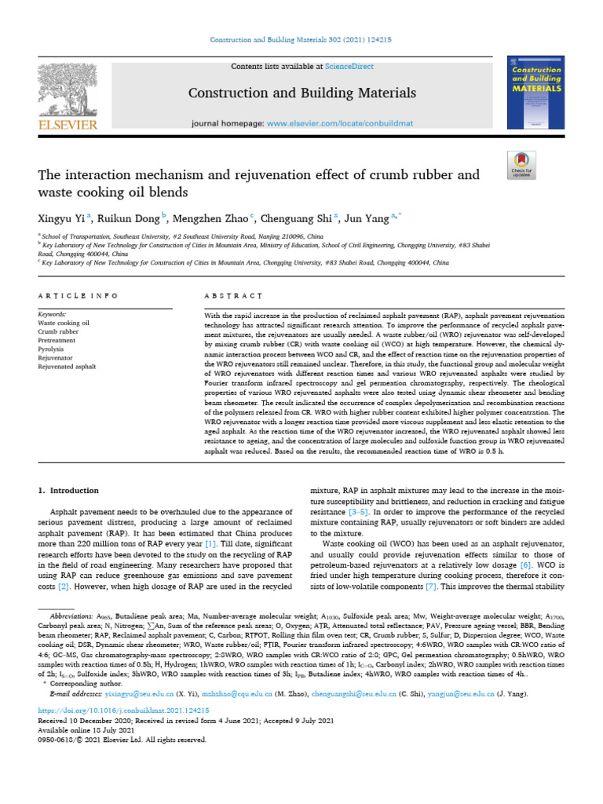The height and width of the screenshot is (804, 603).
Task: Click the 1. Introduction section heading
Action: point(69,491)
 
